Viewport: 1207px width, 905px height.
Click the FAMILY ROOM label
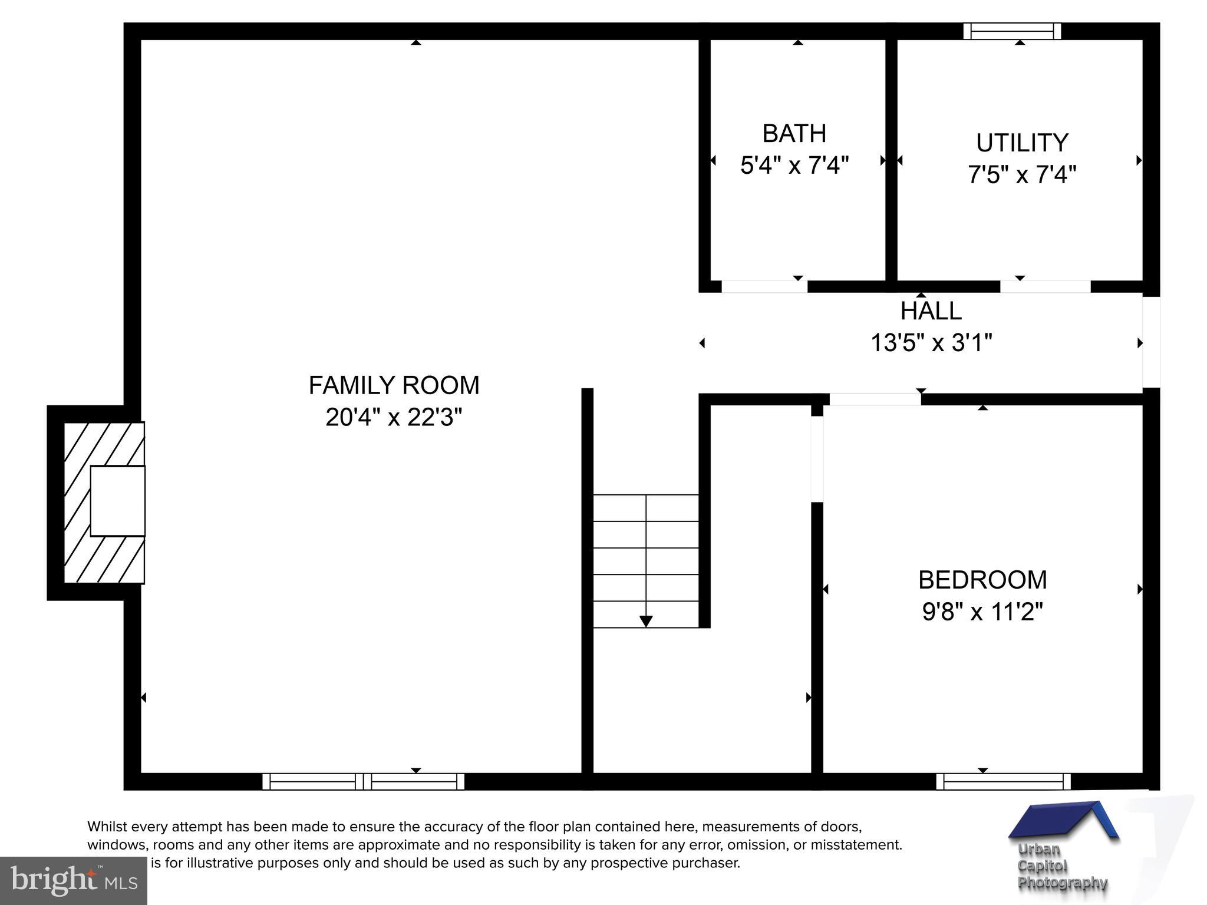394,386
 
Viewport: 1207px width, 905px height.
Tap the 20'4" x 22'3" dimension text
394,418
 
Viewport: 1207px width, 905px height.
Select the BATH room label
794,134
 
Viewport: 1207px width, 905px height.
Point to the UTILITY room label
1021,143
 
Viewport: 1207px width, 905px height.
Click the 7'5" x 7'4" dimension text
1021,175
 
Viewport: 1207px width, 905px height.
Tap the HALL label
931,311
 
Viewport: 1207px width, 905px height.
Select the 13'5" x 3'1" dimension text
931,343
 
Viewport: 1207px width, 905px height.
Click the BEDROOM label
982,580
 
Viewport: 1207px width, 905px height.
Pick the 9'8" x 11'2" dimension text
982,612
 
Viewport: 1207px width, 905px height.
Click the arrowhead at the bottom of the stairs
646,621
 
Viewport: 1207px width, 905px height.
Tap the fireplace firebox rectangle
118,501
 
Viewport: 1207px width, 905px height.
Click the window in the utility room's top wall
1012,31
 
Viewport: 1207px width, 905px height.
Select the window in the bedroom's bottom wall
1003,781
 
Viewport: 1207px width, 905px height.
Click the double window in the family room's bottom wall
363,781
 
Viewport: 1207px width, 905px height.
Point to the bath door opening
764,286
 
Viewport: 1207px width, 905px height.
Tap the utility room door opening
1045,286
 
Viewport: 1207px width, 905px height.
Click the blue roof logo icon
1064,820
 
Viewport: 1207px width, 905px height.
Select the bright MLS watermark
74,880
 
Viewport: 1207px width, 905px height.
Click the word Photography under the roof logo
1063,883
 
